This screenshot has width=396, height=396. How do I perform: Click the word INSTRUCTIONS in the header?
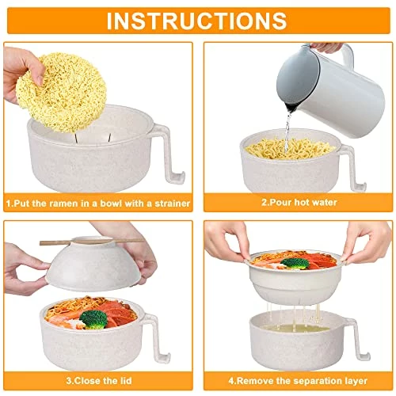pos(196,21)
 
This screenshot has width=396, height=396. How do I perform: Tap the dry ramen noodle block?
pos(61,92)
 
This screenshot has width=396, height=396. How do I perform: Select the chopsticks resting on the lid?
pos(92,242)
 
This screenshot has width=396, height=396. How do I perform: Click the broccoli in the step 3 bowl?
pos(94,319)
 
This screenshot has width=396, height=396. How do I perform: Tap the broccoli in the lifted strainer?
pos(295,264)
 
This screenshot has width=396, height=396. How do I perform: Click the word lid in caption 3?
pos(125,381)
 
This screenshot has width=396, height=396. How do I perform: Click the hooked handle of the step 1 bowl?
pos(169,153)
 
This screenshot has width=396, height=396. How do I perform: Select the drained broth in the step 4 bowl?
pos(296,328)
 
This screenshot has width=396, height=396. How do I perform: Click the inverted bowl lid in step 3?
pos(92,264)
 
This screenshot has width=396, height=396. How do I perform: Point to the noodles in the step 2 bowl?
pos(290,148)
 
